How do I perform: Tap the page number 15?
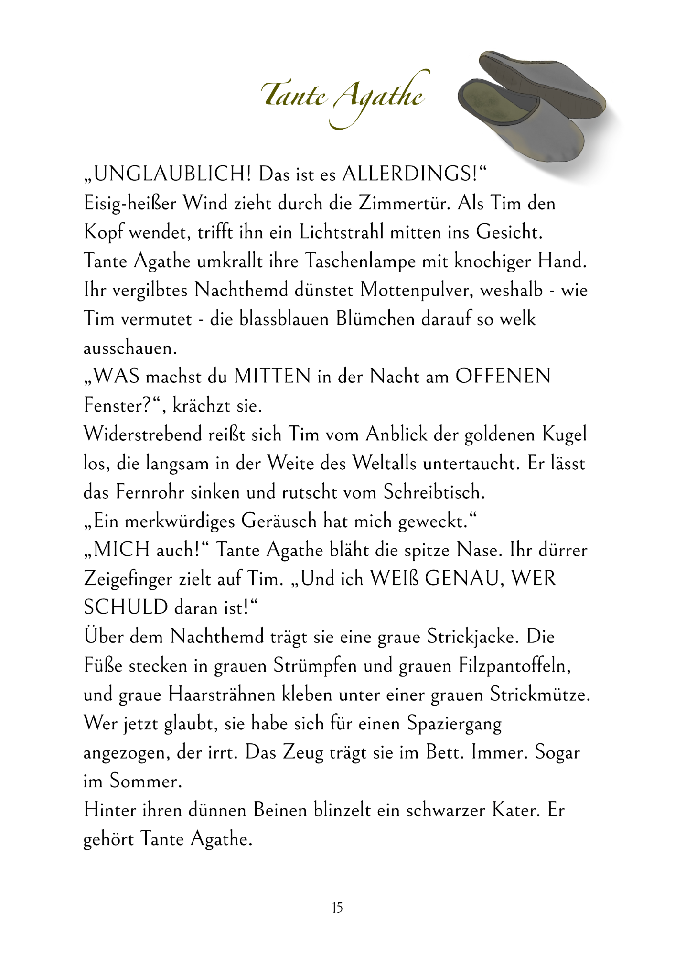337,908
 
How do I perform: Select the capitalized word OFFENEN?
503,377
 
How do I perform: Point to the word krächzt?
201,406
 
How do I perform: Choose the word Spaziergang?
454,724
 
